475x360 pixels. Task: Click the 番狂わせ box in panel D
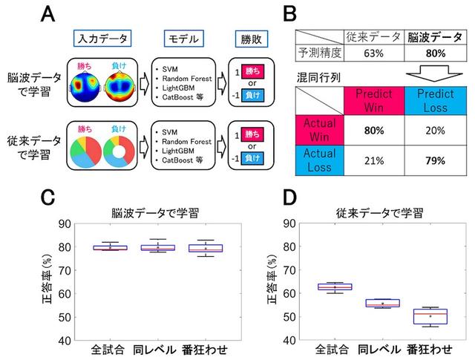(425, 316)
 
